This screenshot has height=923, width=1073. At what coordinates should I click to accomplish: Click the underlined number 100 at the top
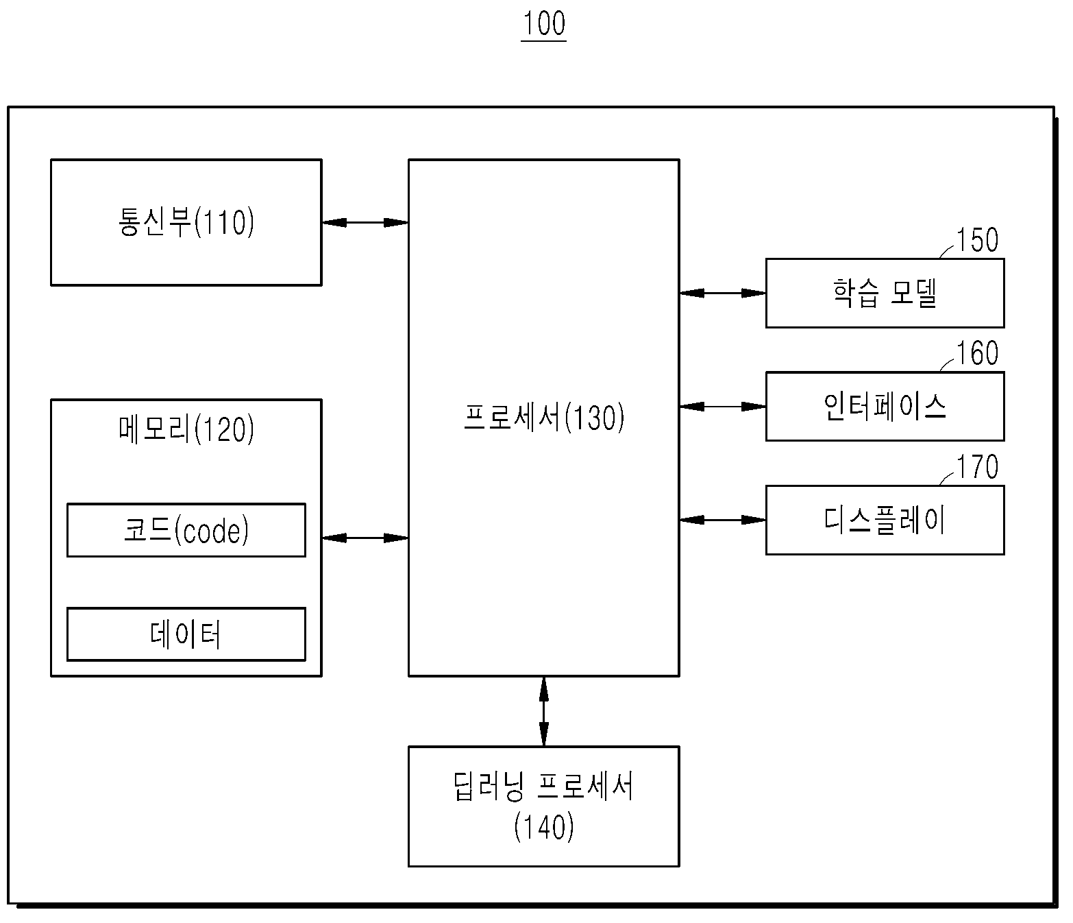[x=544, y=24]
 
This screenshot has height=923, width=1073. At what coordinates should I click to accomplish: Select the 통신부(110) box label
[x=186, y=221]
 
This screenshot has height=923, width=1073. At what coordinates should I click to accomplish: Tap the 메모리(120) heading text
[x=186, y=429]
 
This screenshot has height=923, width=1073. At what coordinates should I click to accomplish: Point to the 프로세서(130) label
[x=544, y=417]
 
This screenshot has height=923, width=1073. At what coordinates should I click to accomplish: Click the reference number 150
[x=978, y=240]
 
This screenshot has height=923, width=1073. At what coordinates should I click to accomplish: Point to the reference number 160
[x=978, y=353]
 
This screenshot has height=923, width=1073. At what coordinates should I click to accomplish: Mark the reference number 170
[x=978, y=467]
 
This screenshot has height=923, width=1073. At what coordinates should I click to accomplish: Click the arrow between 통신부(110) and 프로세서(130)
[x=365, y=222]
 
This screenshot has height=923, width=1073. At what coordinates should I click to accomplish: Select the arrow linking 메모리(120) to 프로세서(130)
[x=365, y=538]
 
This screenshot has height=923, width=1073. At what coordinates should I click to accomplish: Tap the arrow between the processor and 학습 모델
[x=723, y=293]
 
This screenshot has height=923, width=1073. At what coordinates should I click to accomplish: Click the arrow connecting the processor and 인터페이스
[x=723, y=406]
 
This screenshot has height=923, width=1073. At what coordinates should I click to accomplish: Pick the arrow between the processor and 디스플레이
[x=723, y=519]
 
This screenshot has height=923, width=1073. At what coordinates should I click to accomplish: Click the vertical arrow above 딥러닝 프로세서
[x=543, y=711]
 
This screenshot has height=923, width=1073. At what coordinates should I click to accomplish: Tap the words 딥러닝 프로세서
[x=543, y=786]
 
